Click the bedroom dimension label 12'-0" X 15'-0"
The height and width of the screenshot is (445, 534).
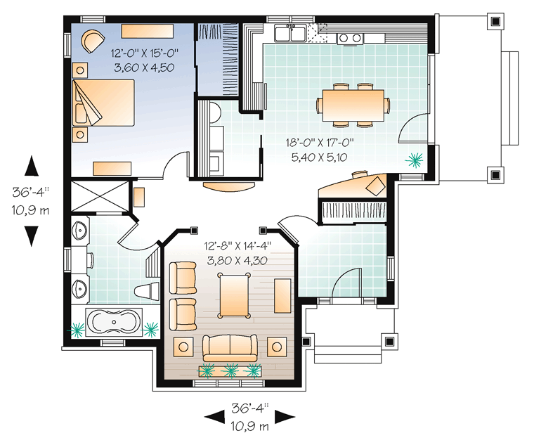click(145, 53)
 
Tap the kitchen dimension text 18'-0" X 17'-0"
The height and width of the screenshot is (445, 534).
click(320, 142)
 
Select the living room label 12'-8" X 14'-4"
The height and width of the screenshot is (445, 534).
click(237, 245)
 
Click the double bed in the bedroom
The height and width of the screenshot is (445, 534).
click(103, 103)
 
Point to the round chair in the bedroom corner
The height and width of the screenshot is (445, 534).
click(92, 41)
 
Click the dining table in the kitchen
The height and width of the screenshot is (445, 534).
click(353, 105)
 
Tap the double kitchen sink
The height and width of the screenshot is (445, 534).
click(290, 33)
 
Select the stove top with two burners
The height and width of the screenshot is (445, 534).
click(350, 39)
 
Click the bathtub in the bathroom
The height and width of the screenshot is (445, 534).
click(113, 323)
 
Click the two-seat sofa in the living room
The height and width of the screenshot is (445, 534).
click(230, 348)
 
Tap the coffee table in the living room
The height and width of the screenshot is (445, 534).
click(234, 296)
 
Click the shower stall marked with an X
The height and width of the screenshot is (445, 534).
click(100, 196)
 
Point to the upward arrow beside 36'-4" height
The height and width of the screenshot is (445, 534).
click(32, 166)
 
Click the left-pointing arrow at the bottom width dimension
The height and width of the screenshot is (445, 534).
click(214, 417)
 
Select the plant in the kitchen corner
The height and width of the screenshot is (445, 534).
click(415, 160)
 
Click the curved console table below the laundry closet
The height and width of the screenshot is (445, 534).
click(229, 186)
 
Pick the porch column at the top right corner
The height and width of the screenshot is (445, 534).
click(495, 22)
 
